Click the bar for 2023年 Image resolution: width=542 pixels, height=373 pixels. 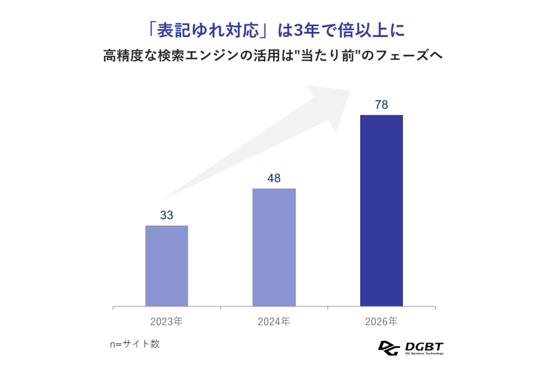[x=166, y=266]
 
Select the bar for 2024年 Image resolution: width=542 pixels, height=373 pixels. [x=274, y=247]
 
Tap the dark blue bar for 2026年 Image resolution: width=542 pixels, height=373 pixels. [x=381, y=210]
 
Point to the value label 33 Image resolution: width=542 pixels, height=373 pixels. [x=166, y=216]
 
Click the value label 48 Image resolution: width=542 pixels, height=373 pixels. [x=274, y=179]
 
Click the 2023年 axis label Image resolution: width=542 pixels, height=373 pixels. [x=166, y=321]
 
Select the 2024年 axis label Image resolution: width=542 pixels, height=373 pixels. [x=274, y=321]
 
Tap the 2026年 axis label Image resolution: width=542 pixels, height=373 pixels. [x=381, y=321]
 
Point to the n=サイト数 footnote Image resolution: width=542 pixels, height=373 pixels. [x=135, y=344]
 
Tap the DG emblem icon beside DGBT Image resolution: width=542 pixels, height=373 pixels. [x=388, y=348]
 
